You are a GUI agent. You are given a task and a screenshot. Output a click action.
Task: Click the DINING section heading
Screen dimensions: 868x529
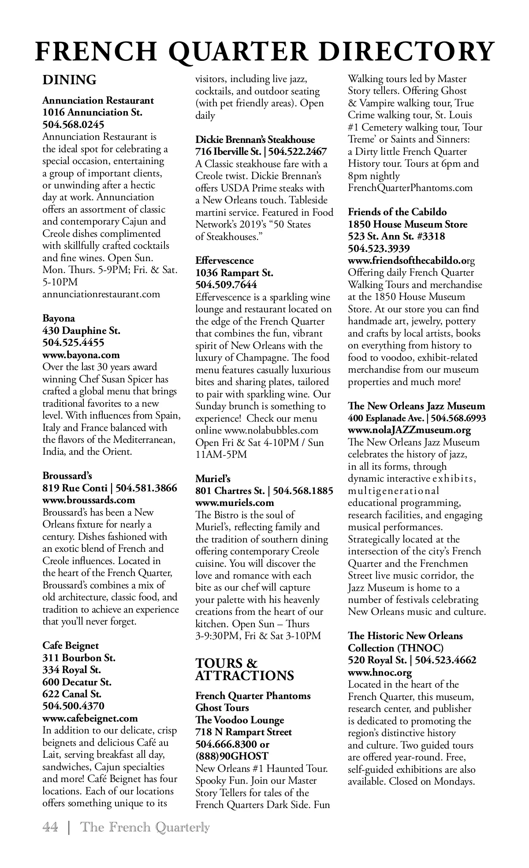[69, 80]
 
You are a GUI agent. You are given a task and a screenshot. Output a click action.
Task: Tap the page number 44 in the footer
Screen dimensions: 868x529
[50, 827]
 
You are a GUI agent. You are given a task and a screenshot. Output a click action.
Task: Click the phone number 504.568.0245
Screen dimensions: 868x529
[73, 124]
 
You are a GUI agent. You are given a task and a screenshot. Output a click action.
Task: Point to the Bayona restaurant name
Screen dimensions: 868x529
[59, 318]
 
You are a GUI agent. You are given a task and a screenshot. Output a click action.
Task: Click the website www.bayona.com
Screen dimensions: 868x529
[81, 355]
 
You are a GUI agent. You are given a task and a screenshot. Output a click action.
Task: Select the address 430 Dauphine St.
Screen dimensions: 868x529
[81, 331]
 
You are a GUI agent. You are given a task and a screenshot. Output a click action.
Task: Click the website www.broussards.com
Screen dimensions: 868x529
[89, 500]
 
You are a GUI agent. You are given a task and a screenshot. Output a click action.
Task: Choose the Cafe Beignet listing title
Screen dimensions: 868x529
[71, 646]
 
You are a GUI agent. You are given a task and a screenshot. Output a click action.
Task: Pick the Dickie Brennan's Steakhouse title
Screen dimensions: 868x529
[255, 140]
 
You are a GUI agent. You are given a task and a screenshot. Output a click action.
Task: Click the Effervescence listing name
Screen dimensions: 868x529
[224, 261]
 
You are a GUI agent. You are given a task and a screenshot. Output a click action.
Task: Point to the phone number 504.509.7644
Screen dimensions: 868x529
[226, 285]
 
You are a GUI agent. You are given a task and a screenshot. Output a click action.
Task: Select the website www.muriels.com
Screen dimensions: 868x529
[235, 503]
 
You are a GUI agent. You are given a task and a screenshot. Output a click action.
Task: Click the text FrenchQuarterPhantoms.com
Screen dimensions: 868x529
[410, 188]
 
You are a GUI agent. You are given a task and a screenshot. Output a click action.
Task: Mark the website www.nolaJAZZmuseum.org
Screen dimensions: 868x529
[409, 430]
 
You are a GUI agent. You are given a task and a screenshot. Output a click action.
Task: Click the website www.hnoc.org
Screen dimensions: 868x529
[380, 673]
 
